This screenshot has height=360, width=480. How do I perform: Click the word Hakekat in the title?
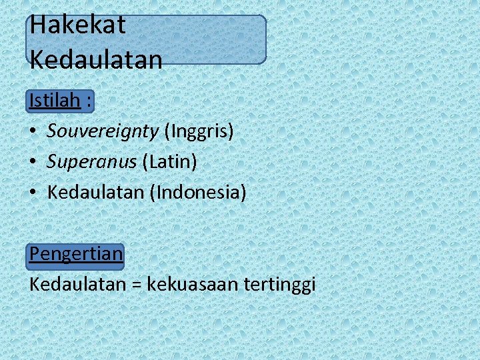77,25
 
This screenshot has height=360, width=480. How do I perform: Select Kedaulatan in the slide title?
96,60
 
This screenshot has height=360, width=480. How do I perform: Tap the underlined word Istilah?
55,101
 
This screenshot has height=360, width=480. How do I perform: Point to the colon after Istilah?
89,102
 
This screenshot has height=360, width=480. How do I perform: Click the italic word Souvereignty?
103,131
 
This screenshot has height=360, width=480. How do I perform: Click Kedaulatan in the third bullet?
96,193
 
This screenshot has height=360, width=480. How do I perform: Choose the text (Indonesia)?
198,193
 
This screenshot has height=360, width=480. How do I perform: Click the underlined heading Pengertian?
76,254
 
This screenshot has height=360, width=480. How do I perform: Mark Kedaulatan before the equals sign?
77,285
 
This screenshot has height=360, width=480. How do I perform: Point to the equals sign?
135,285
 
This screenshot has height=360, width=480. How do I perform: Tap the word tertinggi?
280,285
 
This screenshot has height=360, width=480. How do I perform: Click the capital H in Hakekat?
38,25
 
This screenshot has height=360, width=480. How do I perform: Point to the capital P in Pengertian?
35,254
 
